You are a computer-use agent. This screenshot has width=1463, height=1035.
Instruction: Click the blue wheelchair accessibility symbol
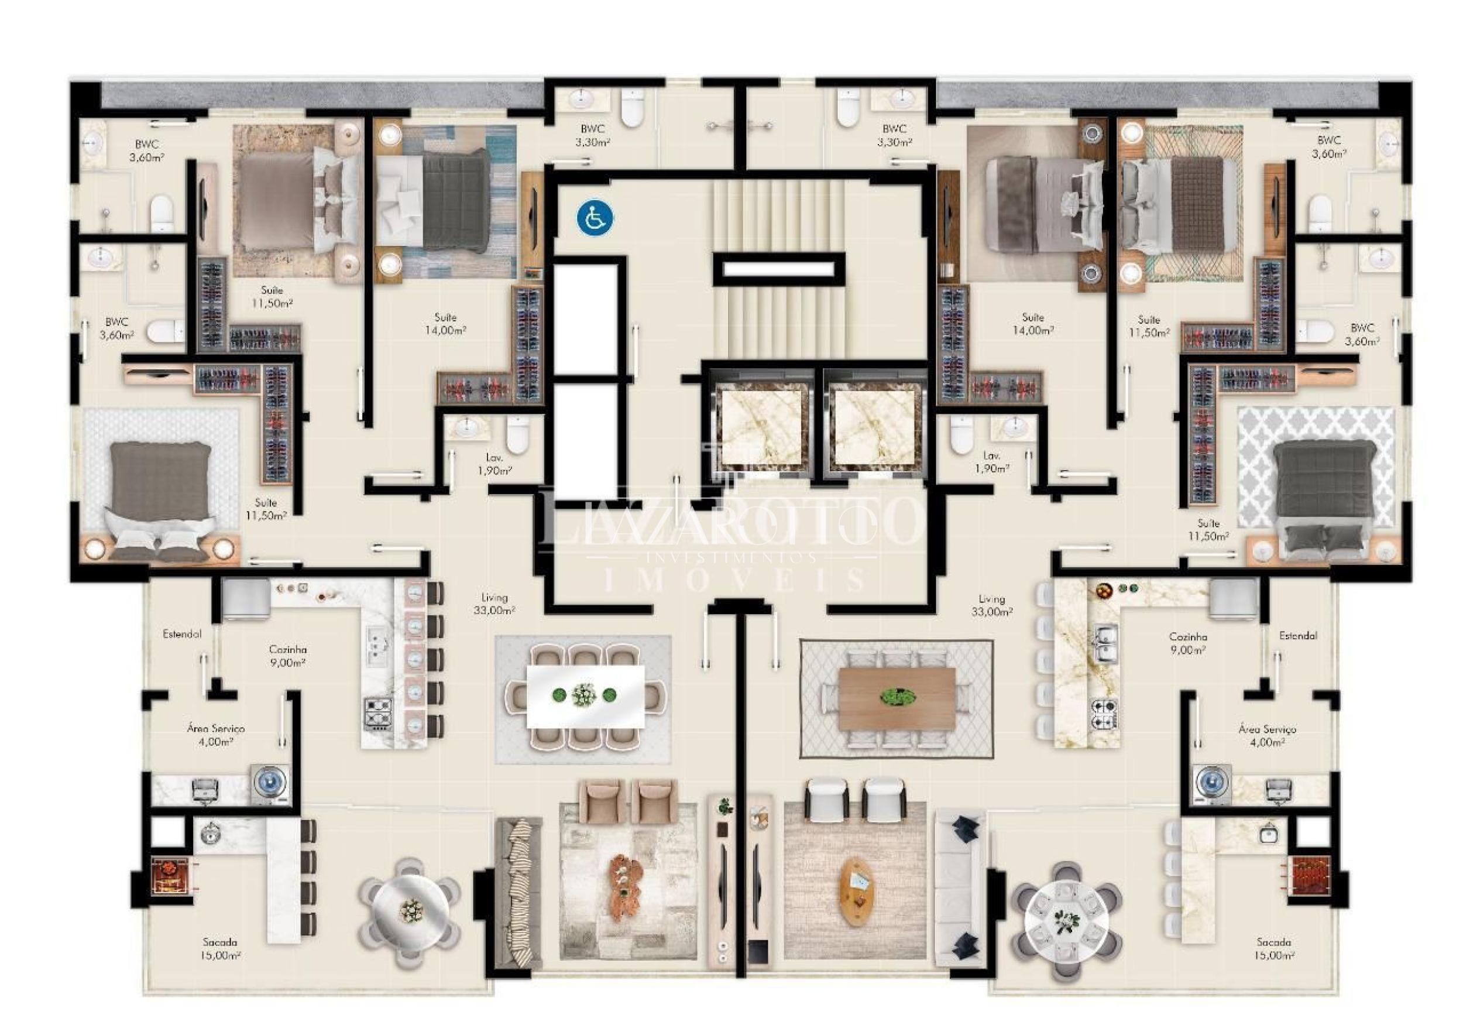(595, 217)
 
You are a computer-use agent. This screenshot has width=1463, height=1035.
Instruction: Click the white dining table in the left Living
(586, 696)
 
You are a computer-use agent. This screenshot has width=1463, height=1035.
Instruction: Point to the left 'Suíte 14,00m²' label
(445, 324)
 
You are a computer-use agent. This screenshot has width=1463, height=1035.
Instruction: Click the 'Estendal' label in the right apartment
(1298, 635)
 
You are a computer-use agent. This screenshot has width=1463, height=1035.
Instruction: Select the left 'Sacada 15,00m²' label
(221, 948)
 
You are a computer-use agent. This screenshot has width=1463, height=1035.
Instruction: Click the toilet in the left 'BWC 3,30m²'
(633, 108)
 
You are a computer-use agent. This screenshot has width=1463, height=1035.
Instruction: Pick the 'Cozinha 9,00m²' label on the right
(1188, 643)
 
